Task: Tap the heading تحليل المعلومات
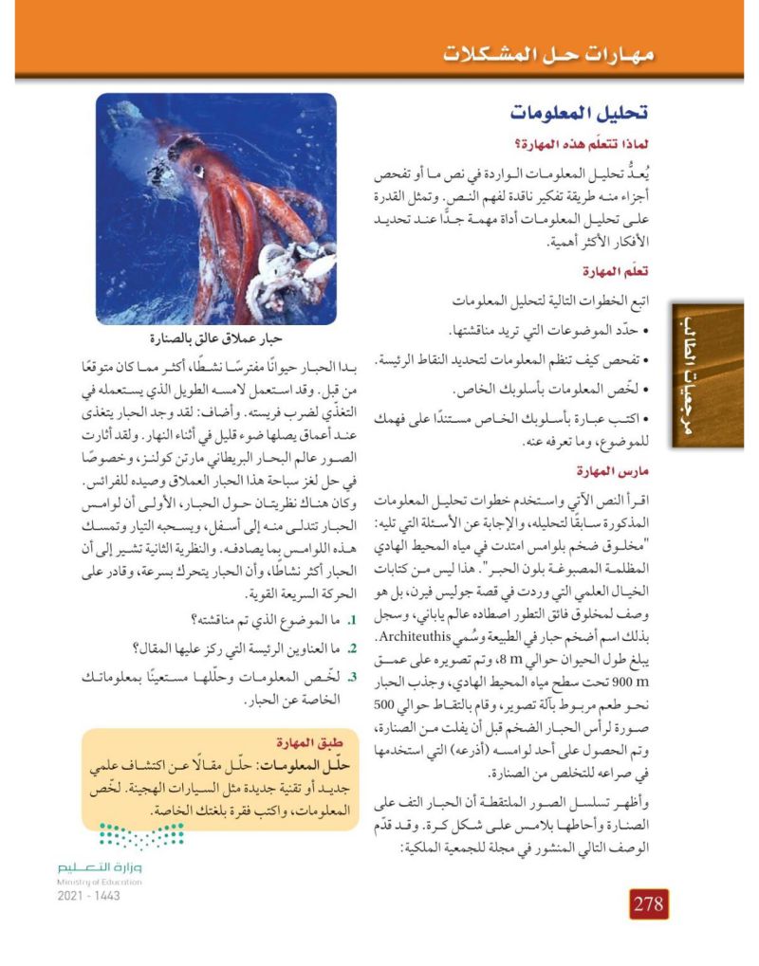[x=583, y=112]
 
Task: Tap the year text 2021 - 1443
[x=88, y=894]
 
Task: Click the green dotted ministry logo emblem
[x=142, y=835]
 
